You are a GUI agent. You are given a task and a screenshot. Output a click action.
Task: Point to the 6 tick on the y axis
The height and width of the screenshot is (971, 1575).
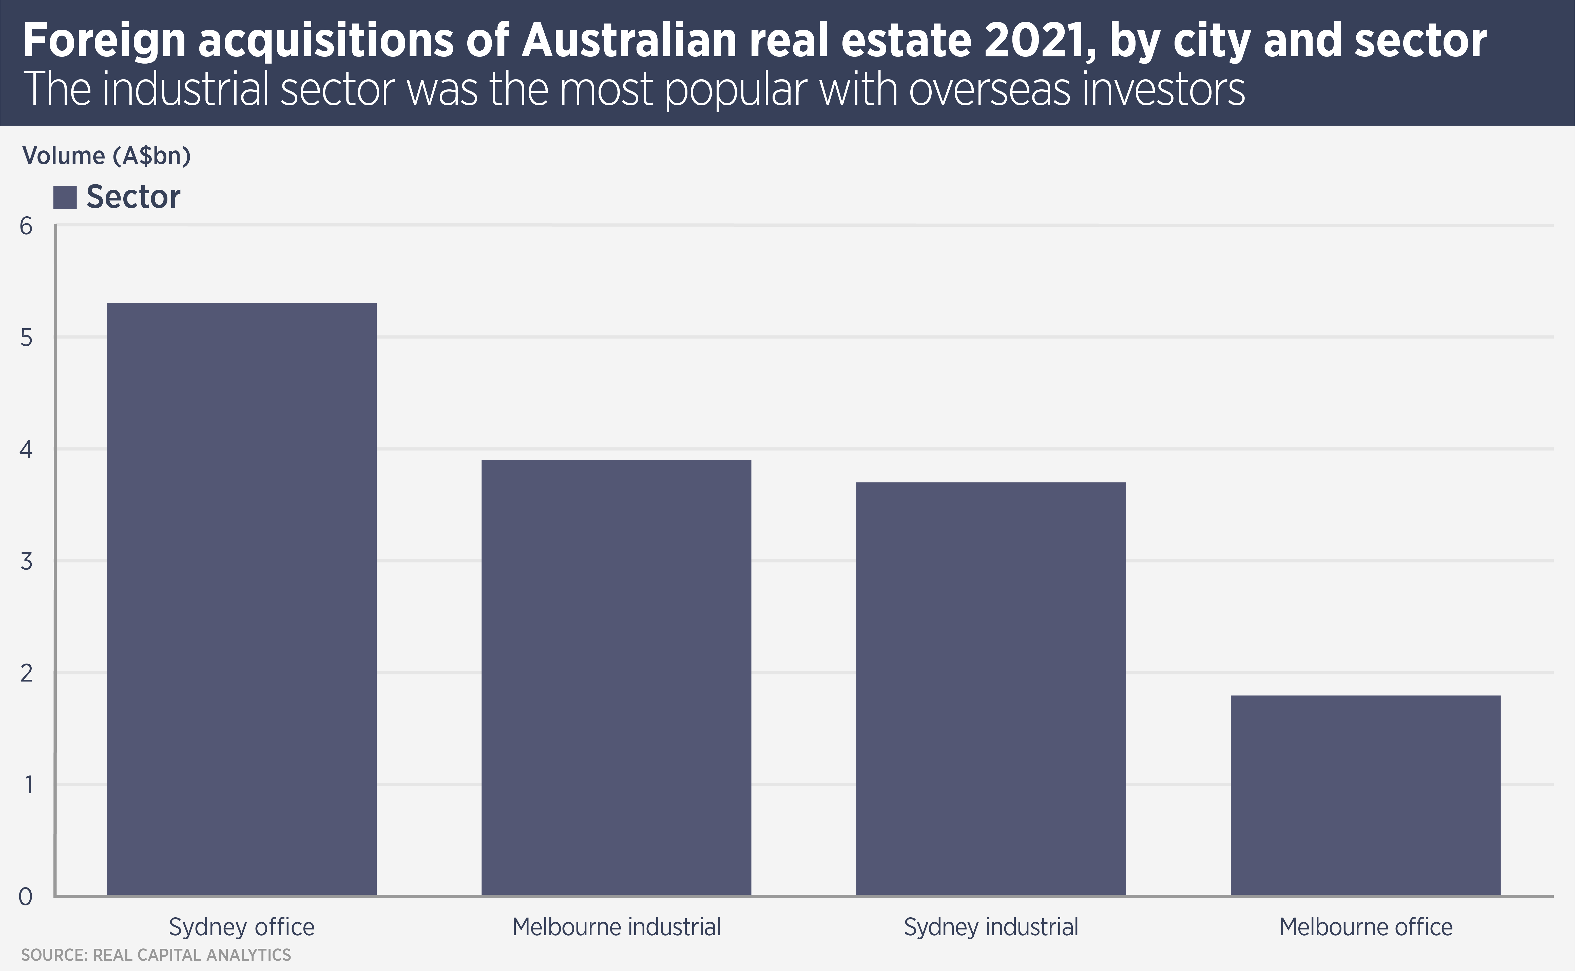(x=26, y=226)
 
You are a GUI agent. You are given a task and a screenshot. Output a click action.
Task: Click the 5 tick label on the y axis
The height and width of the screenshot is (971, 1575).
(x=26, y=338)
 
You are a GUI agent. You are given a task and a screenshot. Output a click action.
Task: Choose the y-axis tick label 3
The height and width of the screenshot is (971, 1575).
(x=26, y=561)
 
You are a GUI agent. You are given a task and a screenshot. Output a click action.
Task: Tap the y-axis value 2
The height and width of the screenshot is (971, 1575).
(x=26, y=673)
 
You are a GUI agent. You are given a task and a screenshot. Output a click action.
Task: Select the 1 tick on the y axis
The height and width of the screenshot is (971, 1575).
(x=27, y=785)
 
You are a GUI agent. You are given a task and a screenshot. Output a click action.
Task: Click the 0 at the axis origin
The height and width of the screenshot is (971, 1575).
(x=26, y=897)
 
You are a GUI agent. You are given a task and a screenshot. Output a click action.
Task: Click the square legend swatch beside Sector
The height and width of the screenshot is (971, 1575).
(x=65, y=197)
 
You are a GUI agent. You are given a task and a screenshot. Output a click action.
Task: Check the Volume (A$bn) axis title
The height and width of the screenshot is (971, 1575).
(x=107, y=156)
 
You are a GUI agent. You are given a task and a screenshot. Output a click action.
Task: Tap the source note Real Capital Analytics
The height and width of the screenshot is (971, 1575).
(x=191, y=955)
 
